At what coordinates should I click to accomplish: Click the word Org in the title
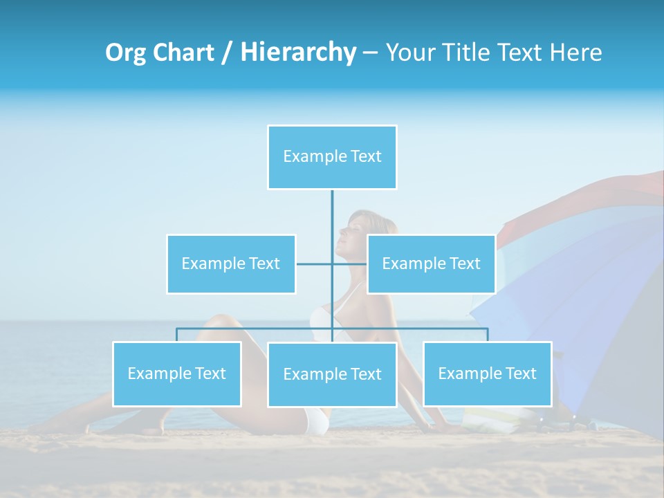[126, 53]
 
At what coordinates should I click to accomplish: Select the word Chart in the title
[183, 53]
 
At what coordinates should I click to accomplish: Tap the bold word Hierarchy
[297, 53]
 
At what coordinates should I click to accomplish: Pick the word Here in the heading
[576, 53]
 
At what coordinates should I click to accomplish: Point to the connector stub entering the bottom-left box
[176, 335]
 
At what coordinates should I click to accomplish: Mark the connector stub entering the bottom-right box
[487, 335]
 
